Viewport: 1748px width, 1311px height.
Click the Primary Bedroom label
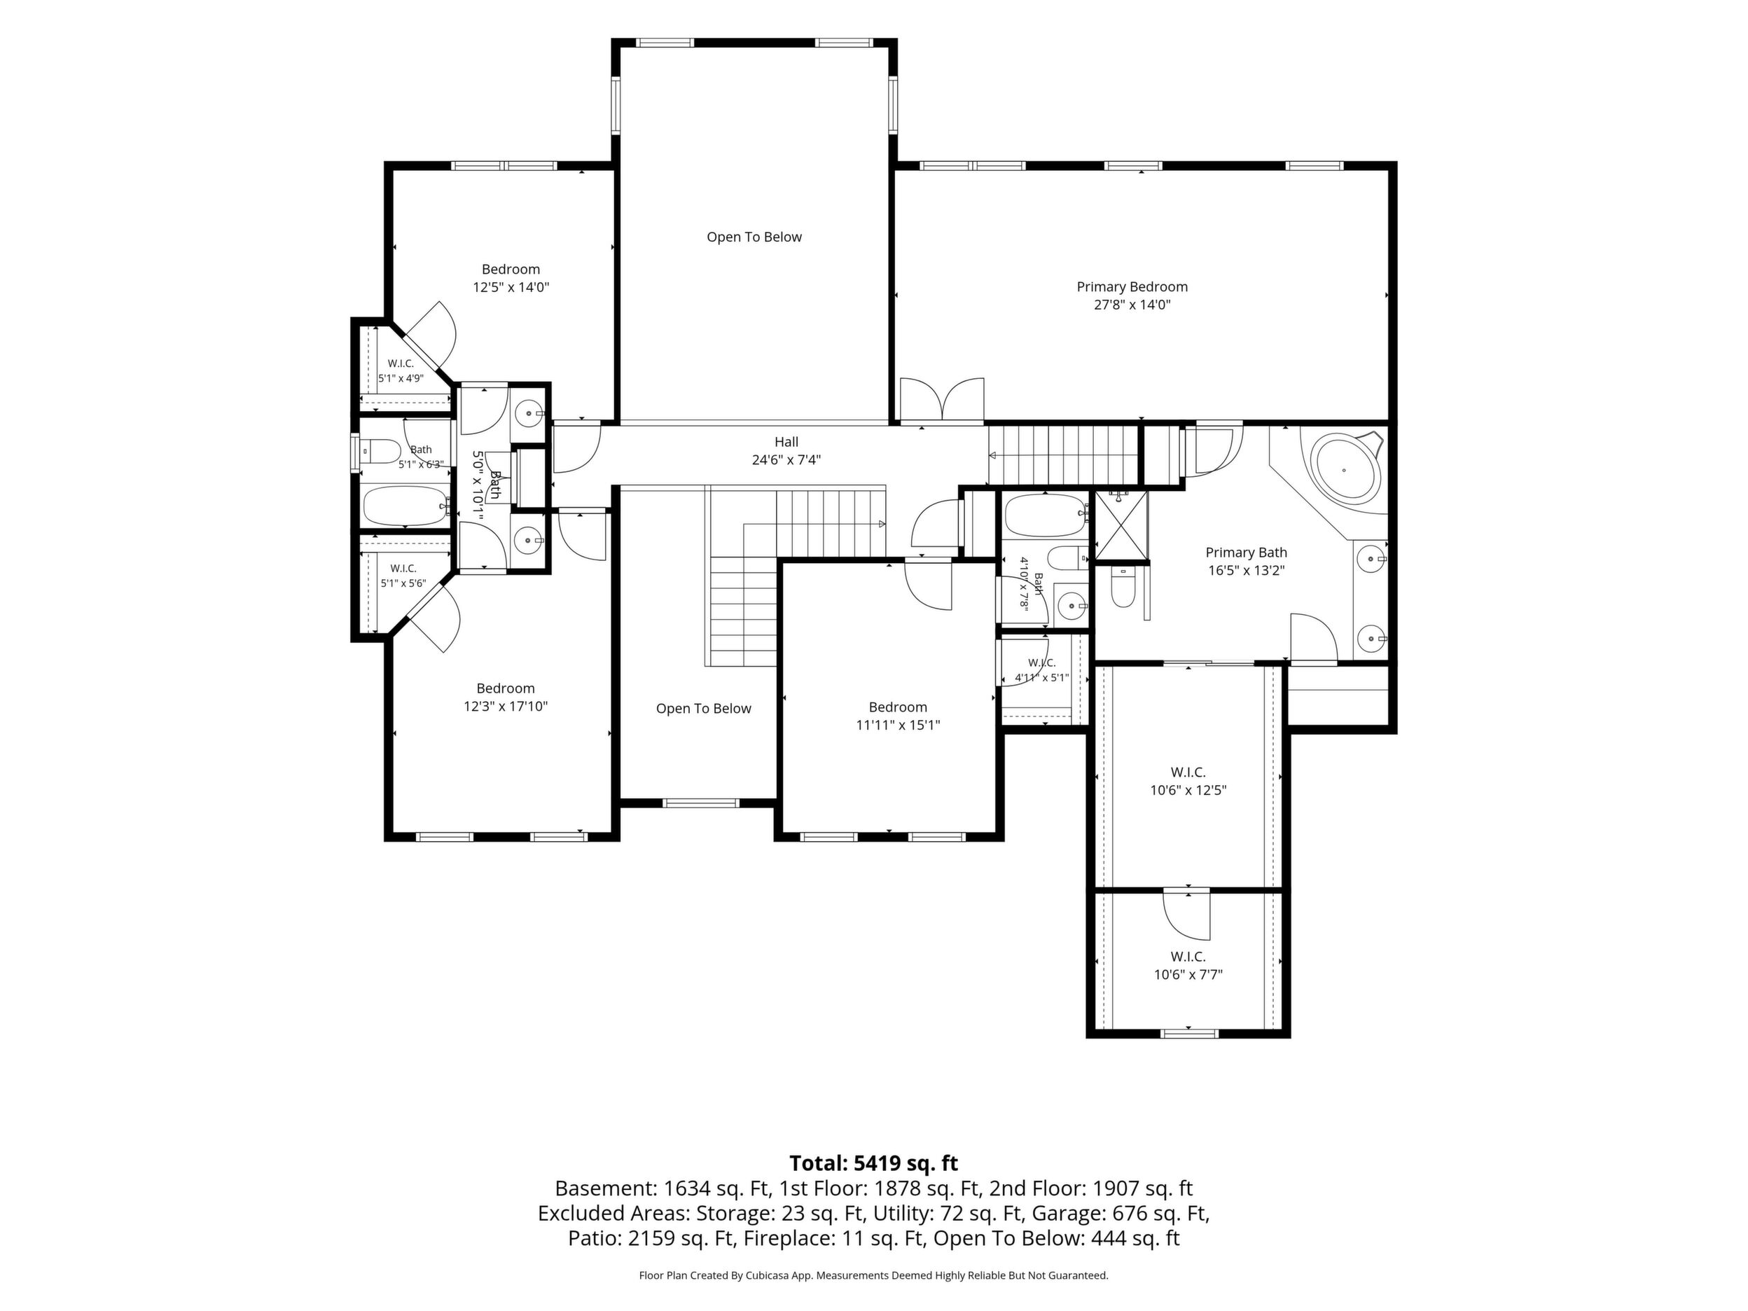pos(1132,287)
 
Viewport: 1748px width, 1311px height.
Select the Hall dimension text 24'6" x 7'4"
pos(786,460)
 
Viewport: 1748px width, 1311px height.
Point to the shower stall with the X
pos(1121,525)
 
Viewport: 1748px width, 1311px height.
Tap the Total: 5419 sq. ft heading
pos(873,1163)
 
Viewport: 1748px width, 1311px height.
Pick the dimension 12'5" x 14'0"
pos(511,288)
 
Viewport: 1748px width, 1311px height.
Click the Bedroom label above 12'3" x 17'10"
pos(505,688)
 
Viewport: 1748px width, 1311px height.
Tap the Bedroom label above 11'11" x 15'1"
pos(898,707)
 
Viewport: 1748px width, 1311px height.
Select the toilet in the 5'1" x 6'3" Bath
pos(381,451)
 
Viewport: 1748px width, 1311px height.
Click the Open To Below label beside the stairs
pos(703,709)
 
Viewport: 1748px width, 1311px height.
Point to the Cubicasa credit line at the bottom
pos(873,1275)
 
